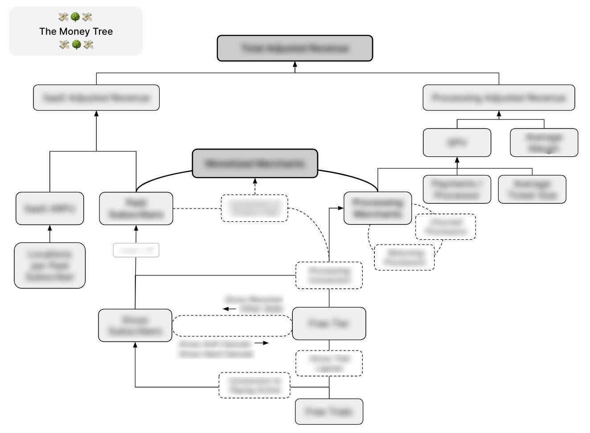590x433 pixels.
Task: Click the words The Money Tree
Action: click(x=76, y=31)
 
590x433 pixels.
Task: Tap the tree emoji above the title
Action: click(x=75, y=17)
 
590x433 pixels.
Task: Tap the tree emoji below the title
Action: click(x=76, y=45)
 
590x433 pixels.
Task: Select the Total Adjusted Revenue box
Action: click(x=295, y=48)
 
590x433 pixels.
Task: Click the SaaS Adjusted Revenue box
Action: click(x=96, y=98)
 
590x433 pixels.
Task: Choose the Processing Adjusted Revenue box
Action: click(x=499, y=98)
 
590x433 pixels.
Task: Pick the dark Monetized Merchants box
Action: click(x=255, y=163)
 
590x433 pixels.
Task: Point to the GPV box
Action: click(x=457, y=143)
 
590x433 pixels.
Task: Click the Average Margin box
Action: click(x=544, y=143)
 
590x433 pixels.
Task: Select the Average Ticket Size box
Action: click(x=532, y=189)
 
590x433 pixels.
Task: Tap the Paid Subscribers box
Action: click(x=136, y=208)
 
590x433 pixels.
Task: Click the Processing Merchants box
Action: click(x=377, y=208)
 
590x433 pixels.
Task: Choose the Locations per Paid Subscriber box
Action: click(x=50, y=266)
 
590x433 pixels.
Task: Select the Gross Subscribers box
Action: click(x=135, y=325)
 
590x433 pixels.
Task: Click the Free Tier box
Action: click(x=329, y=323)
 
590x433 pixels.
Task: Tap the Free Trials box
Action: click(x=329, y=412)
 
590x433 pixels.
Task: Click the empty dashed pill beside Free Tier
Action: click(x=232, y=326)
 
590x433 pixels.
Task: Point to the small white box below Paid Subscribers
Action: click(x=136, y=250)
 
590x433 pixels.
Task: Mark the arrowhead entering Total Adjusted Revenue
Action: click(x=295, y=64)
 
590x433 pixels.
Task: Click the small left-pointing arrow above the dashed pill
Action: click(x=229, y=309)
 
